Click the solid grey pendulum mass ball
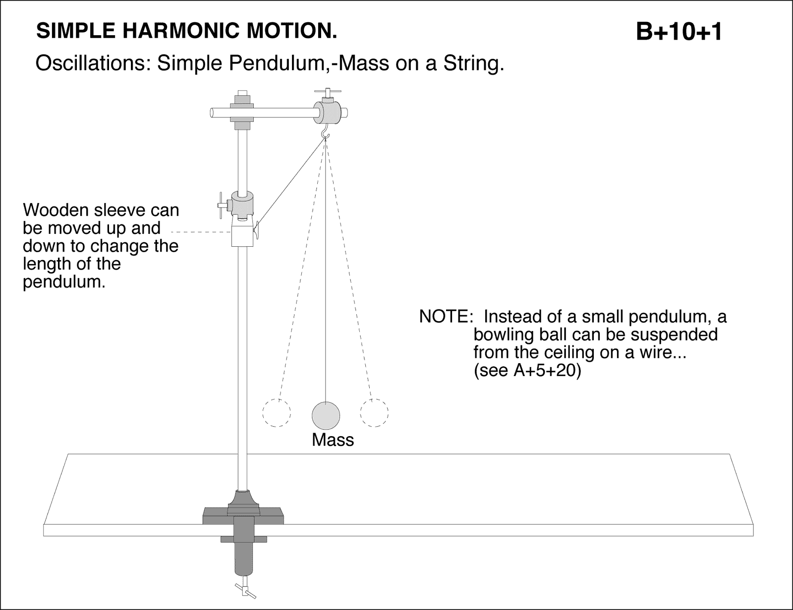(326, 415)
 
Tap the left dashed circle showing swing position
(277, 412)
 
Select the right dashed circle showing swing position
(374, 412)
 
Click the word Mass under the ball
(333, 440)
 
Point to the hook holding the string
(325, 132)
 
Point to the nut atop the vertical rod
(242, 95)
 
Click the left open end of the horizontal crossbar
(212, 113)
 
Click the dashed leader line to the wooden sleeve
(201, 231)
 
